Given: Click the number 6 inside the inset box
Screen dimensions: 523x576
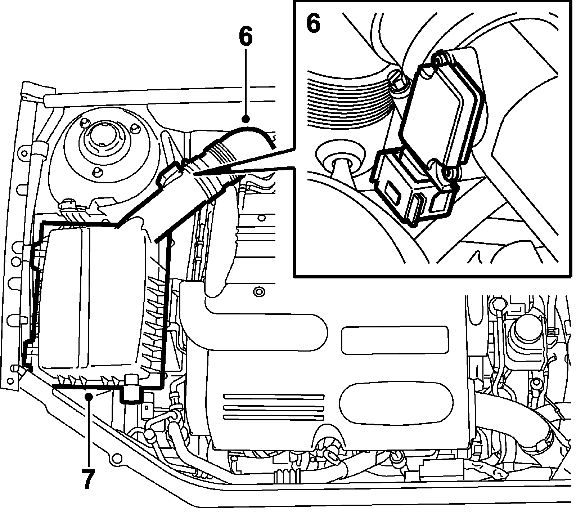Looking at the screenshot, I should coord(313,24).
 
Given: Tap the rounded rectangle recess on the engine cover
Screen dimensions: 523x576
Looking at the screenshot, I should coord(395,340).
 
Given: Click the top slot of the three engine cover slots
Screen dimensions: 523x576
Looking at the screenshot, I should coord(274,397).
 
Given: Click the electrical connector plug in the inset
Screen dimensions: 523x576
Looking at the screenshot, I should coord(410,187).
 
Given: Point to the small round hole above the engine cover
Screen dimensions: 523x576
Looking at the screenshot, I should coord(258,291).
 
